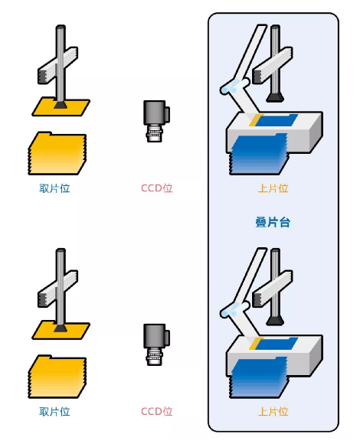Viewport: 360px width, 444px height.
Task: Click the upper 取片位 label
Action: point(54,188)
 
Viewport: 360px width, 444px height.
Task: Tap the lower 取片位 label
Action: point(54,411)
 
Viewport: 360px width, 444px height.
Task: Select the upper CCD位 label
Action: point(157,188)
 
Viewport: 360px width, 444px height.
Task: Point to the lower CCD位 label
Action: point(157,411)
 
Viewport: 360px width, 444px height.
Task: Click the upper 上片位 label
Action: point(273,188)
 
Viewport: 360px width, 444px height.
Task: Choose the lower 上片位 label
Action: point(273,411)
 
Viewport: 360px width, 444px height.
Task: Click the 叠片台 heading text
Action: point(273,222)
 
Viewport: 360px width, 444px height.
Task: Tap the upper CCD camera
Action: point(156,121)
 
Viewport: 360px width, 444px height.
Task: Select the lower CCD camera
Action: point(156,344)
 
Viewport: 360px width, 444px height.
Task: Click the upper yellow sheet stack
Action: point(57,153)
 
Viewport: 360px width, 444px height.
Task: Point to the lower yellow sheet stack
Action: point(57,377)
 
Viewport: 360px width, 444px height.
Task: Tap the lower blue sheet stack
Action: point(258,378)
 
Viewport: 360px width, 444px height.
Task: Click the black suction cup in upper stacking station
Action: point(275,97)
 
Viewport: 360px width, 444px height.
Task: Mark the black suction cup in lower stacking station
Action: point(275,321)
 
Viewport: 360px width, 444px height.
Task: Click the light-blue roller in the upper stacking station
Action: point(234,87)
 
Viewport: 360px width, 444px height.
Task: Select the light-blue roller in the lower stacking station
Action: point(234,309)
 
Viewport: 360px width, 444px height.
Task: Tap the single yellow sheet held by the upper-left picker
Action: point(61,107)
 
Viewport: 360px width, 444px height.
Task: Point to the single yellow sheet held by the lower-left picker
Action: point(61,330)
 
